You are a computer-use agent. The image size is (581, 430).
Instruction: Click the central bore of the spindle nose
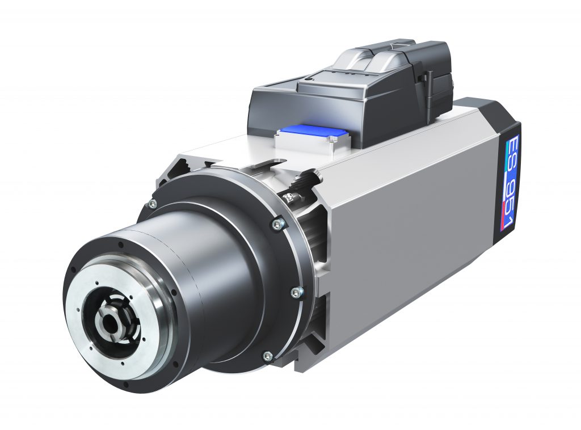(x=110, y=322)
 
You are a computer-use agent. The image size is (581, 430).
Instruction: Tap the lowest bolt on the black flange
(x=268, y=356)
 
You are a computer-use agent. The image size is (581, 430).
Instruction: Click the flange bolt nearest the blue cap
(x=276, y=225)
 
